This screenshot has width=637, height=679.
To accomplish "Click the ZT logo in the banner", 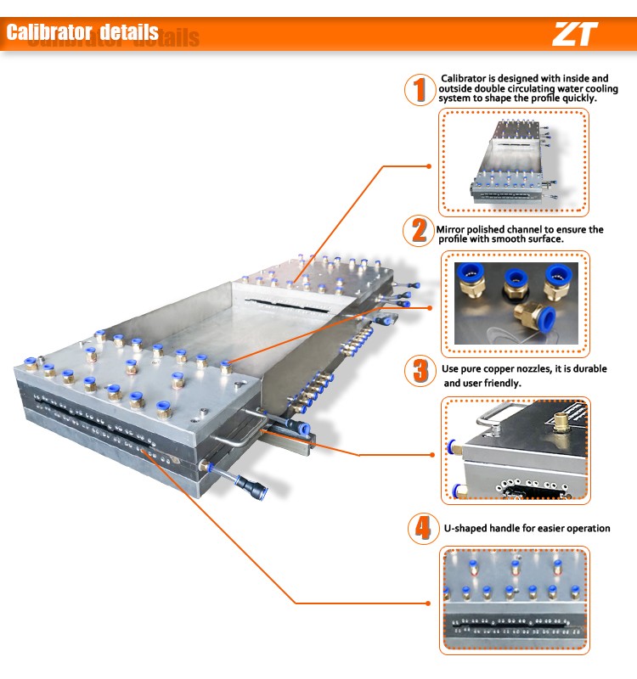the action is tap(576, 34).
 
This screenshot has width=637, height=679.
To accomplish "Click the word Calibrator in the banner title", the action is tap(49, 32).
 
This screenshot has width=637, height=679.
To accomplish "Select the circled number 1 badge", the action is tap(420, 90).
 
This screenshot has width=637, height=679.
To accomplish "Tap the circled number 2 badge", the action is tap(419, 230).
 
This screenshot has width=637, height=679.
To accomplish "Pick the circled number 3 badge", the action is tap(420, 371).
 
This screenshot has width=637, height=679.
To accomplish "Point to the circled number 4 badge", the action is tap(423, 528).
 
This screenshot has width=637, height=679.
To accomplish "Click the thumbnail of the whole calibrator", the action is tap(514, 162).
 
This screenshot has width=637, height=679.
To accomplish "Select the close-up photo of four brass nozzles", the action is tap(516, 303).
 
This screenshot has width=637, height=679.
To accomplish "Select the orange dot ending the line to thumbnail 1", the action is tap(429, 166).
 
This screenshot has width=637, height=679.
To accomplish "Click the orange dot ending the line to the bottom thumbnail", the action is tap(429, 603).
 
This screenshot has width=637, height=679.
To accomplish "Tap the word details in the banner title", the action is tap(129, 32).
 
